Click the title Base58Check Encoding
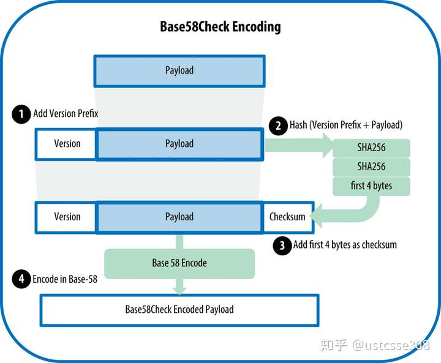(x=221, y=26)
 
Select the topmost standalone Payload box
(x=179, y=70)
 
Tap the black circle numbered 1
(x=21, y=114)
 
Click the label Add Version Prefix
(x=66, y=114)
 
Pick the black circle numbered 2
(x=278, y=126)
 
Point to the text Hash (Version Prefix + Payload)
(x=346, y=125)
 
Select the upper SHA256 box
(x=371, y=148)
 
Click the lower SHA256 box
(x=371, y=167)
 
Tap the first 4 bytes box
(x=371, y=185)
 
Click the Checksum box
(x=287, y=217)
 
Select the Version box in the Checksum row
(x=67, y=217)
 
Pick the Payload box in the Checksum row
(x=179, y=217)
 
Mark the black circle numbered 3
(x=282, y=245)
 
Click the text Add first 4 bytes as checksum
(x=345, y=245)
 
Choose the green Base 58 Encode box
(x=179, y=263)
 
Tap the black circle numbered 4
(x=21, y=280)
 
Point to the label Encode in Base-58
(x=65, y=280)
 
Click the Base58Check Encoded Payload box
(x=179, y=310)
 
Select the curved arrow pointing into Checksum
(x=361, y=211)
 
